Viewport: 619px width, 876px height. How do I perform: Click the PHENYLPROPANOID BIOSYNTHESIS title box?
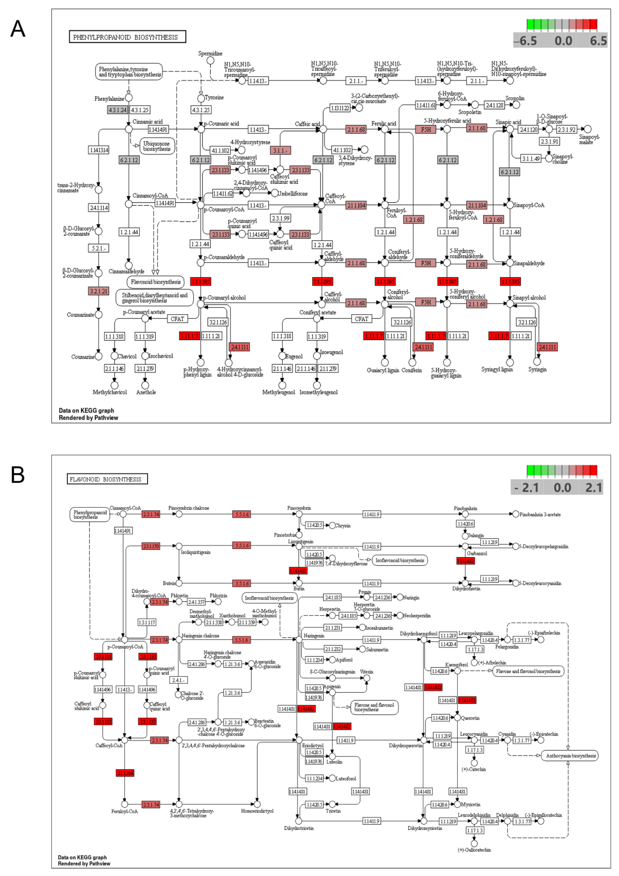[127, 37]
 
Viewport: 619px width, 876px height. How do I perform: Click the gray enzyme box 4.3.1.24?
[117, 110]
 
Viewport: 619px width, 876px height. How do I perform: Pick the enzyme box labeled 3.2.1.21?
[98, 291]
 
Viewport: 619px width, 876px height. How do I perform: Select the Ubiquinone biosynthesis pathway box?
[157, 146]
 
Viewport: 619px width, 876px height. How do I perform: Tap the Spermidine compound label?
[210, 53]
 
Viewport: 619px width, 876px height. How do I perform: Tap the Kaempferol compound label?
[456, 664]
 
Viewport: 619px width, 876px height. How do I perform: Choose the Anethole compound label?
[146, 392]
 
